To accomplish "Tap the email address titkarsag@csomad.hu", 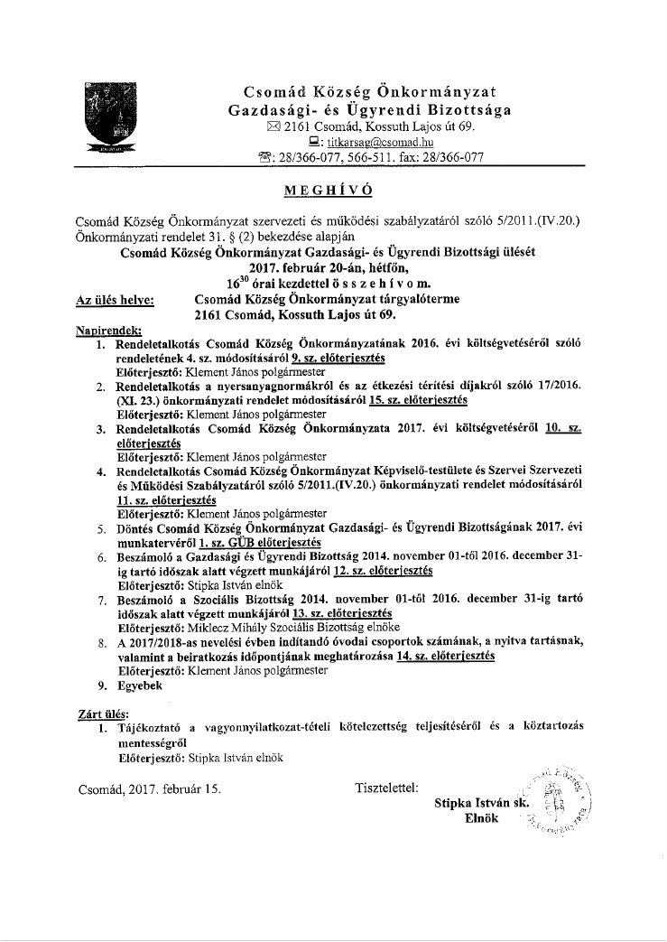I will tap(369, 142).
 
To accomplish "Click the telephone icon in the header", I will tap(264, 157).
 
